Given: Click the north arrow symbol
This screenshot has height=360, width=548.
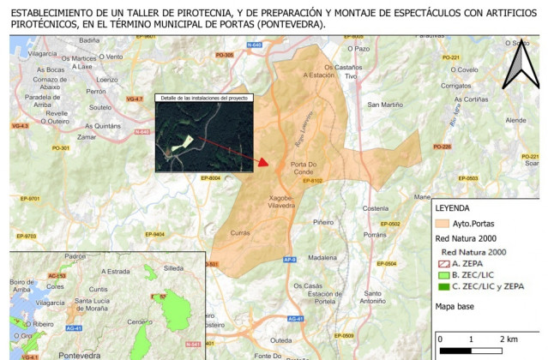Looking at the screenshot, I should pyautogui.click(x=520, y=66).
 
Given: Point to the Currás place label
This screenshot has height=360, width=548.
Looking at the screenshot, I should pyautogui.click(x=240, y=232).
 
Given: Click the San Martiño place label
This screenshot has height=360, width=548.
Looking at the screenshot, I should pyautogui.click(x=385, y=105).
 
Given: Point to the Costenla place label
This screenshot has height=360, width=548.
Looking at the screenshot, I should pyautogui.click(x=376, y=208).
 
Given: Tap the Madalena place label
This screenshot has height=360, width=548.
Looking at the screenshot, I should pyautogui.click(x=322, y=257).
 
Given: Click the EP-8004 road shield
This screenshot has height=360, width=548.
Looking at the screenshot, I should pyautogui.click(x=211, y=177).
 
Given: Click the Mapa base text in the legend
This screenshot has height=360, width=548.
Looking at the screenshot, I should pyautogui.click(x=457, y=304).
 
